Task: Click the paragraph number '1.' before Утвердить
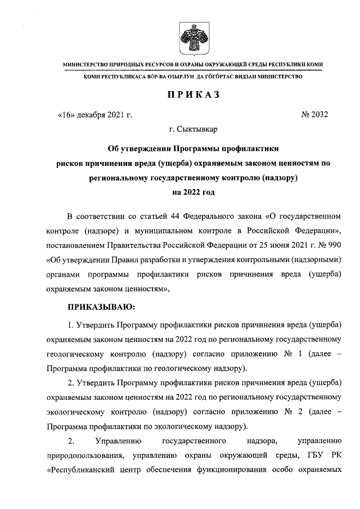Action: click(71, 326)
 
